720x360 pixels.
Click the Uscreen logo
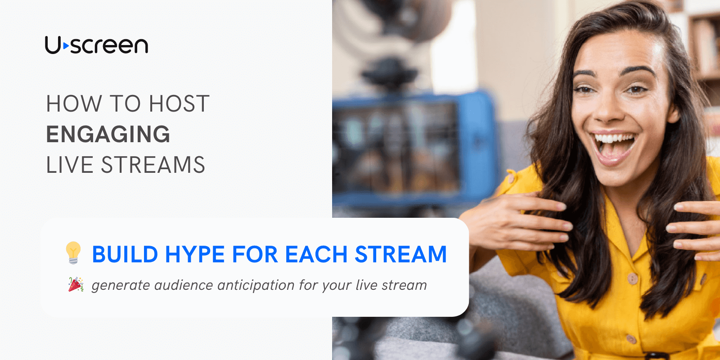96,45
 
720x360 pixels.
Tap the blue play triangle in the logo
66,45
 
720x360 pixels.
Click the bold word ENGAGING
108,134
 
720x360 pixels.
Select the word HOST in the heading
179,104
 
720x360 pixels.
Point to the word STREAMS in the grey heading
153,165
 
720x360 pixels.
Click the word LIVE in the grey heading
70,165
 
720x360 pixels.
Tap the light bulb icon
73,252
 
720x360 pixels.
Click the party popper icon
76,285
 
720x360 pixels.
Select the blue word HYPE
194,255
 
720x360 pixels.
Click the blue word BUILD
125,255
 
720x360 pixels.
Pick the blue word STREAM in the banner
400,255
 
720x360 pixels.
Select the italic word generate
121,286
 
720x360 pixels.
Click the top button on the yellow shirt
633,279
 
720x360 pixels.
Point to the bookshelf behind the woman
704,45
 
